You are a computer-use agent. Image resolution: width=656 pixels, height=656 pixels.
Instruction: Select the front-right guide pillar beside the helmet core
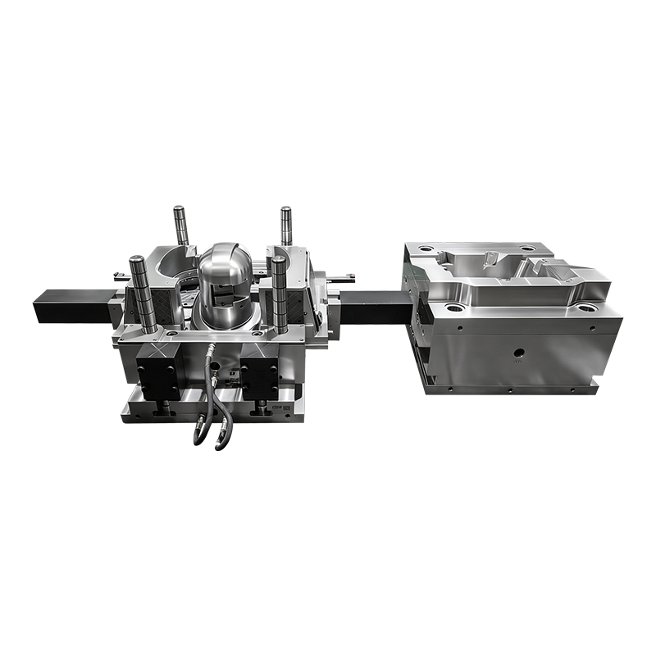pos(280,291)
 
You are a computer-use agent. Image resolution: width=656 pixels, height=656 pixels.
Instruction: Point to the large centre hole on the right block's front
pos(517,356)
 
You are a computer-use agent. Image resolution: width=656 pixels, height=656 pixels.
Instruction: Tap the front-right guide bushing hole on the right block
pos(585,309)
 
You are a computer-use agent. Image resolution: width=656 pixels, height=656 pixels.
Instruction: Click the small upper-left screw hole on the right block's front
pos(461,327)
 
